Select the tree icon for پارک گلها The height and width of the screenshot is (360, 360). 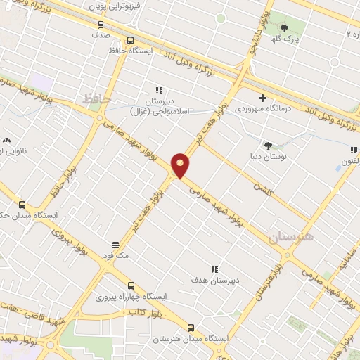[284, 28]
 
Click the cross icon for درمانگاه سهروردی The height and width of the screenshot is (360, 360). [262, 98]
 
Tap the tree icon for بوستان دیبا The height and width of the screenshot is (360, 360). [268, 144]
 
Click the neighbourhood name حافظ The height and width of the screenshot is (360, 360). [96, 100]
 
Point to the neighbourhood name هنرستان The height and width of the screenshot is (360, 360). [292, 237]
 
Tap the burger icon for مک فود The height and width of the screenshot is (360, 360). [115, 245]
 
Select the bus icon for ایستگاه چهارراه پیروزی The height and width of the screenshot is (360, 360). [131, 285]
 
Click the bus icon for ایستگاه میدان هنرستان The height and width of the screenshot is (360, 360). [191, 328]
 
